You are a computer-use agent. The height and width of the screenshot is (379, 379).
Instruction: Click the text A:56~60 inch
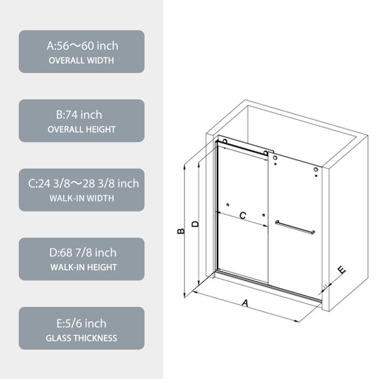point(82,46)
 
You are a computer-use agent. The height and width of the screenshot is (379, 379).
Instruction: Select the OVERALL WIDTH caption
point(81,61)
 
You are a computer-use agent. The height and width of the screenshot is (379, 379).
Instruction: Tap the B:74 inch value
point(79,115)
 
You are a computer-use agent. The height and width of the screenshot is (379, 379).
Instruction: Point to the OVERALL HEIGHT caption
point(81,129)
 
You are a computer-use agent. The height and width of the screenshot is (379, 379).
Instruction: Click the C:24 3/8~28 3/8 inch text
point(83,184)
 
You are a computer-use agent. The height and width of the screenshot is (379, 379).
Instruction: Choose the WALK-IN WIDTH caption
point(81,198)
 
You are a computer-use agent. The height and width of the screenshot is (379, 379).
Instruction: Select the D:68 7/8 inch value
point(83,253)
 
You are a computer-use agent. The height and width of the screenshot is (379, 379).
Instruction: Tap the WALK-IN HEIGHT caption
point(83,267)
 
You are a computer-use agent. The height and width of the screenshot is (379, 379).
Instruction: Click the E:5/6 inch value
point(81,323)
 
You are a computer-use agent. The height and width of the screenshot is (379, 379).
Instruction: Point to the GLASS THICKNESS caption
point(81,338)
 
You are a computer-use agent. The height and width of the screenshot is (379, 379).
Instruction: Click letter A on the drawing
point(245,303)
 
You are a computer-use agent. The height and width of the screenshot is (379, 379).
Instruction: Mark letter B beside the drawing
point(181,231)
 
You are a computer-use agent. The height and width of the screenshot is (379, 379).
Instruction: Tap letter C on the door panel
point(243,215)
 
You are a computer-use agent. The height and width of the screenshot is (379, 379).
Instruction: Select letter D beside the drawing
point(195,224)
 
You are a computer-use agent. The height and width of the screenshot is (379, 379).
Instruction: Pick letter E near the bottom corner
point(342,270)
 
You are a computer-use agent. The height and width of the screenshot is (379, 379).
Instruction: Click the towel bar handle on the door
point(295,227)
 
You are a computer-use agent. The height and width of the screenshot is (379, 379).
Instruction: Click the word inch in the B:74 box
point(91,115)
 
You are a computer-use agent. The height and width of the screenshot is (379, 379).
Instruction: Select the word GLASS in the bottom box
point(59,338)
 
